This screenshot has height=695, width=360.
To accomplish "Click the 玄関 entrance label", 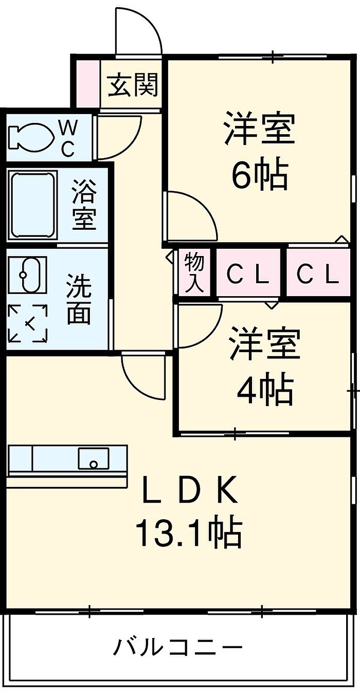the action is point(133,85).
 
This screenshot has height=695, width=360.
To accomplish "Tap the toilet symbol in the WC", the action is point(31,137).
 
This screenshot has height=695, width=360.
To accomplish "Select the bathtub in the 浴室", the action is point(33,205).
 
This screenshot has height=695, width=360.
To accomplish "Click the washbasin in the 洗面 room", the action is point(28,275).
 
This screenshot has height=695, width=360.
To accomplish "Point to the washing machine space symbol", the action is point(28,323).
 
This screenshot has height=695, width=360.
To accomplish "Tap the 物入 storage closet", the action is point(194,272).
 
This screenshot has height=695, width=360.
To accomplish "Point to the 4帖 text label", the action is point(265,389).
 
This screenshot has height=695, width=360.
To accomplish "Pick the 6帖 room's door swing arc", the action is point(190,216).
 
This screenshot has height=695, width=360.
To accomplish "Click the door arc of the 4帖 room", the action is point(199,326).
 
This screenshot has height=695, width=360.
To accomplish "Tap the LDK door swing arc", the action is point(143,377).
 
